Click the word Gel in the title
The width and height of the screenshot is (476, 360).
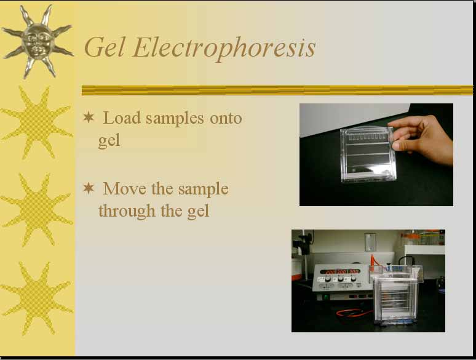coord(105,47)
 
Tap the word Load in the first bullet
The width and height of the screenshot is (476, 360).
coord(122,118)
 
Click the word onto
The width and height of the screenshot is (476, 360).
coord(226,118)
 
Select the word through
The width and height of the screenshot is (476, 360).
coord(127,211)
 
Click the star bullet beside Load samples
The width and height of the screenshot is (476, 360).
coord(89,118)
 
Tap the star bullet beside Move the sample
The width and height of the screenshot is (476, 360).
coord(89,188)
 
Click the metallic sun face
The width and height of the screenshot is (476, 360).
coord(38,41)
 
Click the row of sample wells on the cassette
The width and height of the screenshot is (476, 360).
coord(367,137)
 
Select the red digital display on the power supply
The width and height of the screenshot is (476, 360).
coord(340,271)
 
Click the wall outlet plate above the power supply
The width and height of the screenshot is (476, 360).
coord(370,242)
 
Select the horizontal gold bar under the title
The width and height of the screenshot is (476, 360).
coord(277,90)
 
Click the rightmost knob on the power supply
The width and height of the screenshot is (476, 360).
coord(354,278)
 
